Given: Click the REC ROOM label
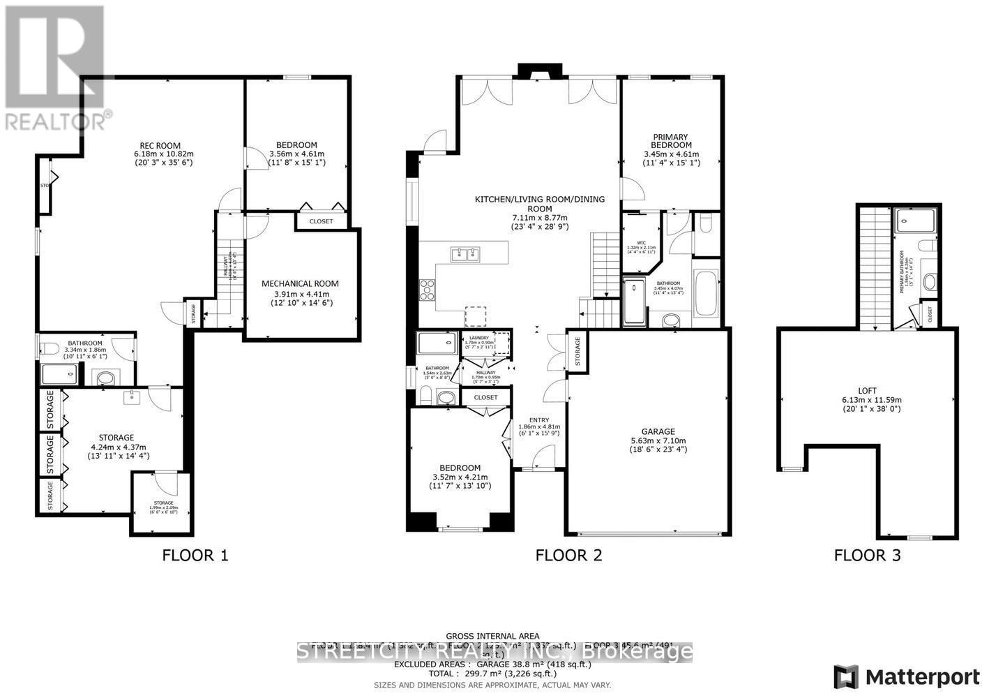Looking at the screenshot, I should pyautogui.click(x=163, y=144).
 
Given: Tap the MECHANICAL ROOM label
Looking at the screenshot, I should pyautogui.click(x=300, y=283).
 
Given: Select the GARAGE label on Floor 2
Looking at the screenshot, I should pyautogui.click(x=649, y=431).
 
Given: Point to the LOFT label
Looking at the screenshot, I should pyautogui.click(x=868, y=391).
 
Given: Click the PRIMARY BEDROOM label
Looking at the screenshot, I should pyautogui.click(x=670, y=142).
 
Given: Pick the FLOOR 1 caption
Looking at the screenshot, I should pyautogui.click(x=195, y=556).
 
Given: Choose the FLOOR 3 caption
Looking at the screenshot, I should pyautogui.click(x=867, y=556).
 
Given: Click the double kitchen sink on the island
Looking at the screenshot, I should pyautogui.click(x=466, y=254).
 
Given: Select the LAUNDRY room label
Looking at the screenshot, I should pyautogui.click(x=479, y=337).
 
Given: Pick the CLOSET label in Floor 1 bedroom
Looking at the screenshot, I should pyautogui.click(x=321, y=221).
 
